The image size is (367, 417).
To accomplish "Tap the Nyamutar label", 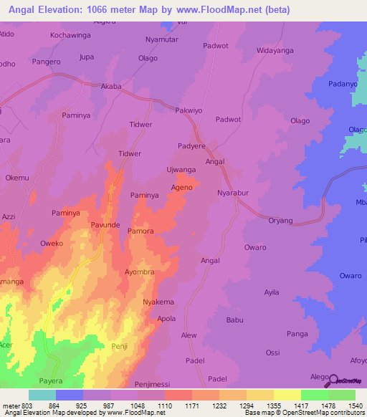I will point(161,40).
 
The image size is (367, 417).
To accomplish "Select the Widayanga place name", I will point(276,52).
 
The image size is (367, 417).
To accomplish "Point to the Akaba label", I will point(111,86).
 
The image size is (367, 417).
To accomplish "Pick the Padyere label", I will point(191,145).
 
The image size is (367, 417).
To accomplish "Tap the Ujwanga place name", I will point(181,169).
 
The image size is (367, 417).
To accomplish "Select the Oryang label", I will point(282,221).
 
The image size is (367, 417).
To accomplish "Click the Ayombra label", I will point(140,273).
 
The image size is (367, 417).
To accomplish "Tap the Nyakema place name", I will point(158,302).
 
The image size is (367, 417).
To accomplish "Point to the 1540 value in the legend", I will point(356,406).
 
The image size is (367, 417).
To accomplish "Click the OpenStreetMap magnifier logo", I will point(334,379).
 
